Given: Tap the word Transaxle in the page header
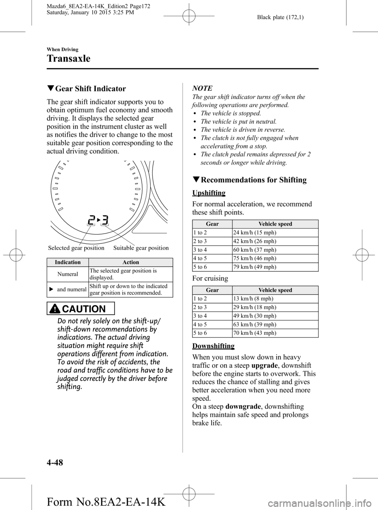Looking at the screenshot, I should click(68, 59).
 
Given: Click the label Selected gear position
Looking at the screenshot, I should click(76, 248).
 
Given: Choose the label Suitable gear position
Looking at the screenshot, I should click(141, 248).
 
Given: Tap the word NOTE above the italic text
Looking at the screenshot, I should click(202, 88).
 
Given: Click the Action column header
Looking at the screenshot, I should click(131, 262).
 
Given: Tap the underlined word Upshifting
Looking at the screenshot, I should click(209, 193).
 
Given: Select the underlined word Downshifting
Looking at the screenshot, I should click(213, 346).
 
